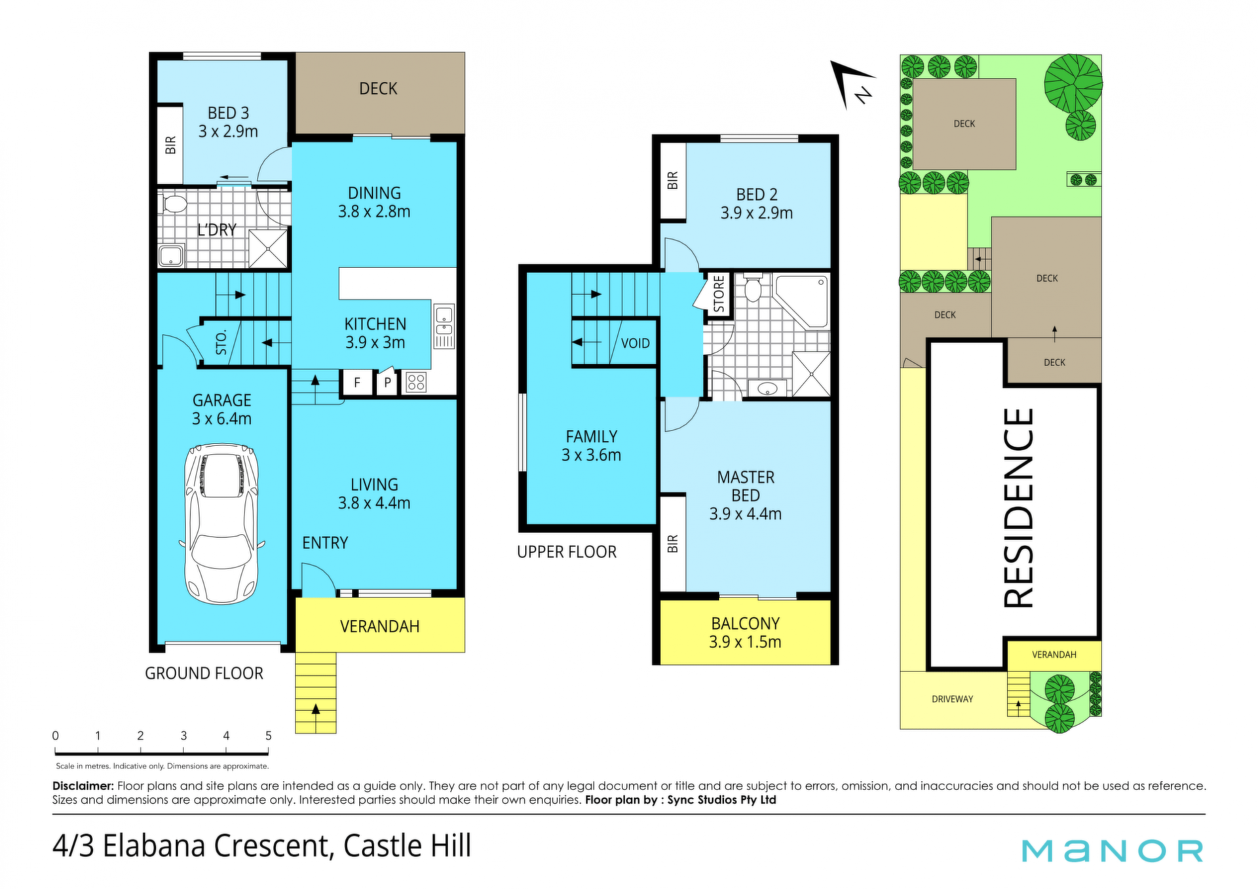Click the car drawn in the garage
click(222, 523)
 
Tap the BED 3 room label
click(228, 122)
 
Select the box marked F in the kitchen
click(358, 382)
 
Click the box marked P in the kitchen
click(388, 382)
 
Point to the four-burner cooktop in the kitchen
click(416, 382)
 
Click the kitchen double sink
click(444, 326)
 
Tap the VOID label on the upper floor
click(635, 343)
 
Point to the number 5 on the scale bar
click(269, 736)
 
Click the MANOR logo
click(1113, 850)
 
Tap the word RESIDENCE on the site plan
click(1019, 508)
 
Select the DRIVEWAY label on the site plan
click(952, 699)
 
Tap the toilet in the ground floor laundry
click(174, 202)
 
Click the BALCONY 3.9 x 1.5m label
click(746, 633)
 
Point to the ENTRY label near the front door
click(325, 543)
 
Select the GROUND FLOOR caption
click(204, 673)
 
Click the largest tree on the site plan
click(1073, 83)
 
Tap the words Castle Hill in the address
click(407, 846)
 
